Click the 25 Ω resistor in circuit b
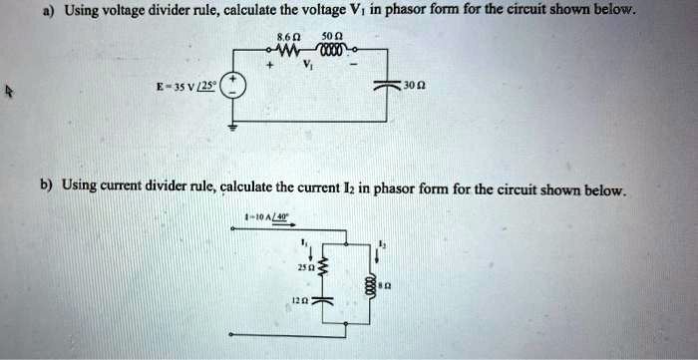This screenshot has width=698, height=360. [320, 268]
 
